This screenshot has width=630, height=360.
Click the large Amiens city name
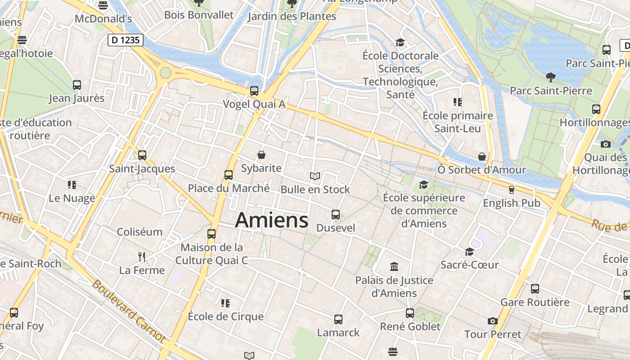272,220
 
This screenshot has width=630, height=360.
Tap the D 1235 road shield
126,40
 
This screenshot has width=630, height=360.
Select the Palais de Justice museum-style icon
394,266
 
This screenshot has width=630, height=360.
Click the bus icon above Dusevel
336,215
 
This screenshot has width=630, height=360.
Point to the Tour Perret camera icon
493,321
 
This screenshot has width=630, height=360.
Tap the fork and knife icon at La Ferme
142,257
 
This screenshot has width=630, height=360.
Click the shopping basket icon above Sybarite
261,155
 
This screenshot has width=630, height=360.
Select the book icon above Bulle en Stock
315,176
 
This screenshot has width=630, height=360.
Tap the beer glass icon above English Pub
511,189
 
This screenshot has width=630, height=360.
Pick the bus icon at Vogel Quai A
254,91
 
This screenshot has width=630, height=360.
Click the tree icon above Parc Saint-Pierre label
550,77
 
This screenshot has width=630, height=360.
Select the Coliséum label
139,232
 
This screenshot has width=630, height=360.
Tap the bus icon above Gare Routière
535,288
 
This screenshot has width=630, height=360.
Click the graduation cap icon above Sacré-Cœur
469,252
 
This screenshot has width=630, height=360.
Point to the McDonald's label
103,19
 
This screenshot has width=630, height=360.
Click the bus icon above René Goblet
410,313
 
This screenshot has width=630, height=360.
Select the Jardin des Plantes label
292,17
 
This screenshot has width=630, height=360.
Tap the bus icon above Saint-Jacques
142,155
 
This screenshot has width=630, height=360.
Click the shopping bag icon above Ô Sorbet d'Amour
482,157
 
